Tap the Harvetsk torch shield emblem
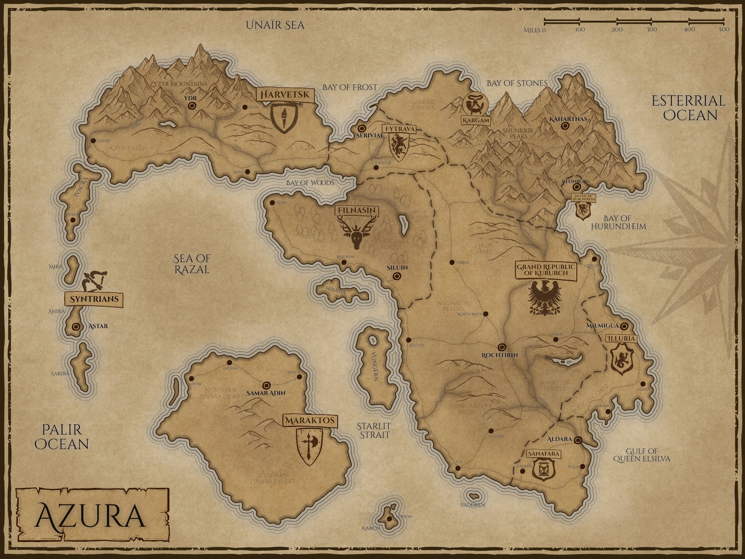(284, 118)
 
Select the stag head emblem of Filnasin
(357, 234)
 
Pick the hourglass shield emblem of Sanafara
(542, 470)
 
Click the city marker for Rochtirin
(502, 347)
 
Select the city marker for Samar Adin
(266, 385)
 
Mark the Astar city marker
(76, 326)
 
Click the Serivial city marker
(362, 128)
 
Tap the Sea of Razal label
(192, 264)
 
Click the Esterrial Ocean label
(688, 108)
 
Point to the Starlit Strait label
(374, 430)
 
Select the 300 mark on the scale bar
(651, 29)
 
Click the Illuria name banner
(620, 338)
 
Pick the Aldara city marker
(578, 440)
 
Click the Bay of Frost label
(350, 87)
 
